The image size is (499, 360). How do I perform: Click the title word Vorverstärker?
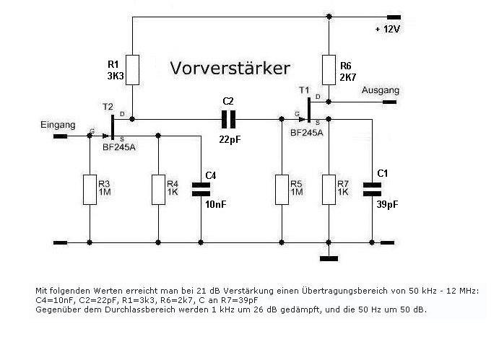(x=230, y=69)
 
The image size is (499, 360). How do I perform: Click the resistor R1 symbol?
(x=132, y=69)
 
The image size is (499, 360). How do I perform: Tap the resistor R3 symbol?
(x=89, y=189)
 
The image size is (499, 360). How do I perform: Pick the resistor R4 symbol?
(x=158, y=189)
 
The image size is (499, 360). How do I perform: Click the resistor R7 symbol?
(x=329, y=189)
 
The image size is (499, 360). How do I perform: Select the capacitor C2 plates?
(x=230, y=118)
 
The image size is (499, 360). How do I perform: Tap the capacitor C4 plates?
(x=199, y=189)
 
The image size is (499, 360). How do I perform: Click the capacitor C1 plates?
(x=372, y=188)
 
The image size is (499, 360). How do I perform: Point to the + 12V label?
(x=387, y=30)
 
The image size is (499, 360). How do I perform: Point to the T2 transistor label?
(x=108, y=106)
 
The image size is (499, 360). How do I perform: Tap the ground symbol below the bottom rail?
(x=329, y=257)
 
